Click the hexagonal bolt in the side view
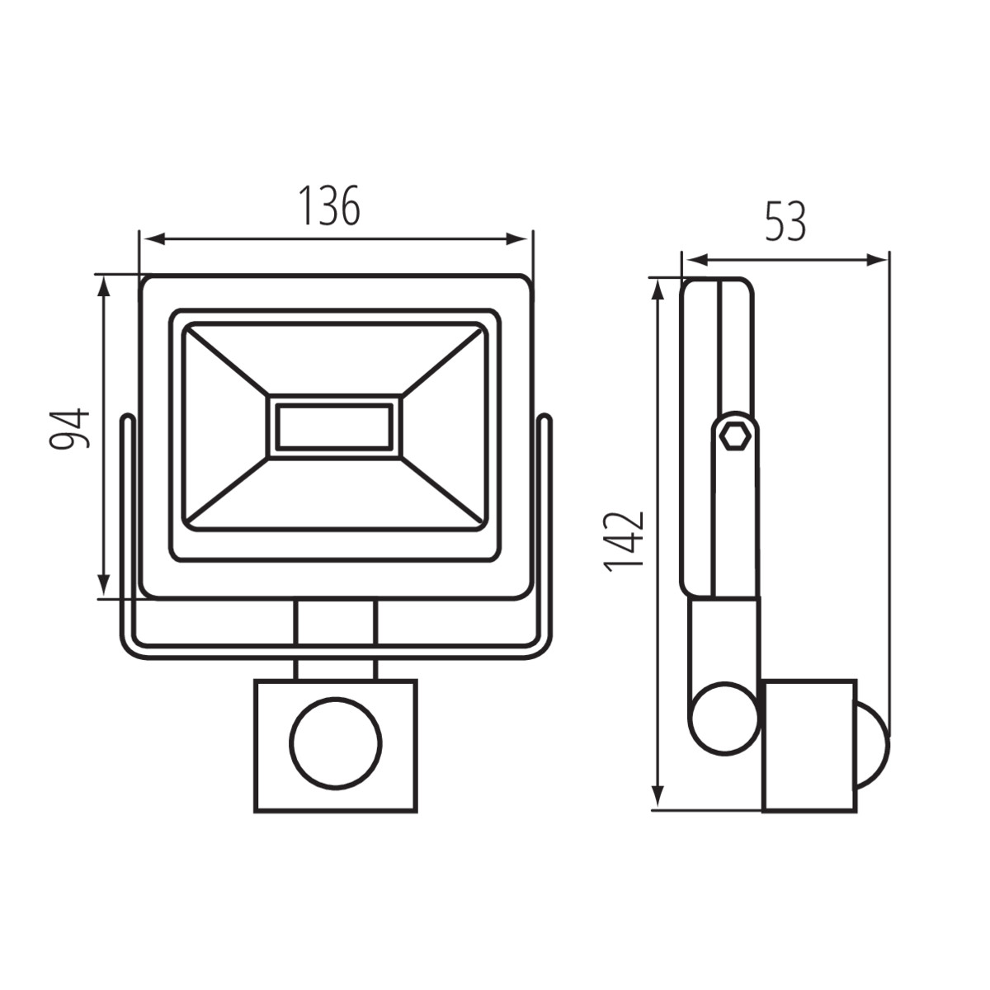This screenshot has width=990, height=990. tap(735, 437)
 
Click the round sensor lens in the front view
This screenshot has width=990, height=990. tap(336, 743)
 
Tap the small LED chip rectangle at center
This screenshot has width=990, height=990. tap(334, 426)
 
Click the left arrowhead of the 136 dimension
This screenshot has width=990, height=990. tap(154, 239)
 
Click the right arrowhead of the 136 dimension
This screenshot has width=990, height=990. tap(516, 239)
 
